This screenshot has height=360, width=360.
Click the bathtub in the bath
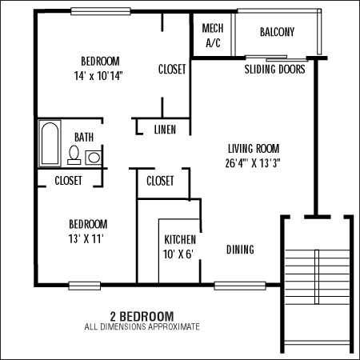pos(50,143)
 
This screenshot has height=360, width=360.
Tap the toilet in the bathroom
pos(74,154)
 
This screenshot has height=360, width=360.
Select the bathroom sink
pos(94,158)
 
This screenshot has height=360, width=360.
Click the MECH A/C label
pos(213,35)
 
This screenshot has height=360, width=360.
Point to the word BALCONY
pos(278,32)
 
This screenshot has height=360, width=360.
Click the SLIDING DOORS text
pos(275,69)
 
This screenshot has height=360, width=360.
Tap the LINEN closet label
pos(165,130)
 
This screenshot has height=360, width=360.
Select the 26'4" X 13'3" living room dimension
pos(253,163)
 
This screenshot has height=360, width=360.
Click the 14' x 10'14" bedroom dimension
pos(98,76)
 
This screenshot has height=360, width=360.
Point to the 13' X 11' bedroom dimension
pos(86,238)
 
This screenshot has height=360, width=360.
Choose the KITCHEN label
pos(180,239)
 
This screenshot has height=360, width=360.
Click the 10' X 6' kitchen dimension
pos(178,254)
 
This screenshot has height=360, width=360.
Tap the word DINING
pos(240,250)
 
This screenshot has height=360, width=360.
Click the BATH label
pos(84,138)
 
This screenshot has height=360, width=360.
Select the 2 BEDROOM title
pos(142,317)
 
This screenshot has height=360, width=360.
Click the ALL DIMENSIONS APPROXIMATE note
pos(142,326)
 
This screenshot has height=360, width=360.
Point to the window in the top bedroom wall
pos(101,11)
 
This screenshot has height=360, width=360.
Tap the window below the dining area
pos(240,286)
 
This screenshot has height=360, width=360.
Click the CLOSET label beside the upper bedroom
pos(172,69)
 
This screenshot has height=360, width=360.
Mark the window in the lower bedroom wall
pos(85,286)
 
